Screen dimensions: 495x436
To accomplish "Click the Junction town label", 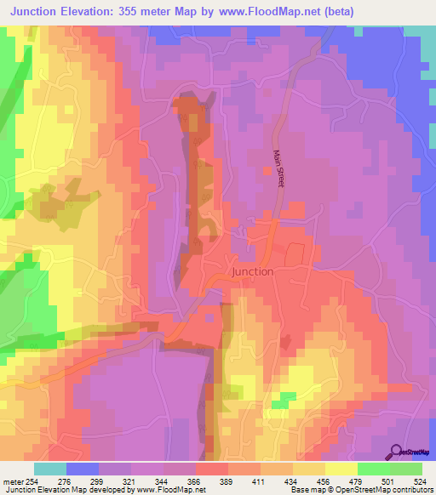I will click(252, 271).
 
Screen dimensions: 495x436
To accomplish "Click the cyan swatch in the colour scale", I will click(49, 469).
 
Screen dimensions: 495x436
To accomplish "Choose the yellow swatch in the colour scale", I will click(341, 469).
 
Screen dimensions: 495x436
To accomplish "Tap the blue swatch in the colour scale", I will click(82, 469).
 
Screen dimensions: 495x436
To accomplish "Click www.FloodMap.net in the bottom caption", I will click(170, 490).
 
